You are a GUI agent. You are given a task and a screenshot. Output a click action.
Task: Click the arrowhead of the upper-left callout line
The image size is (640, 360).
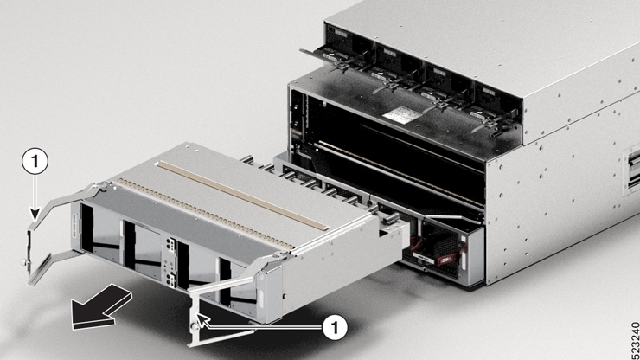pos(34,216)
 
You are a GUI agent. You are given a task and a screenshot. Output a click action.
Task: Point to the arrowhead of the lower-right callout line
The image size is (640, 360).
pos(204,325)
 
